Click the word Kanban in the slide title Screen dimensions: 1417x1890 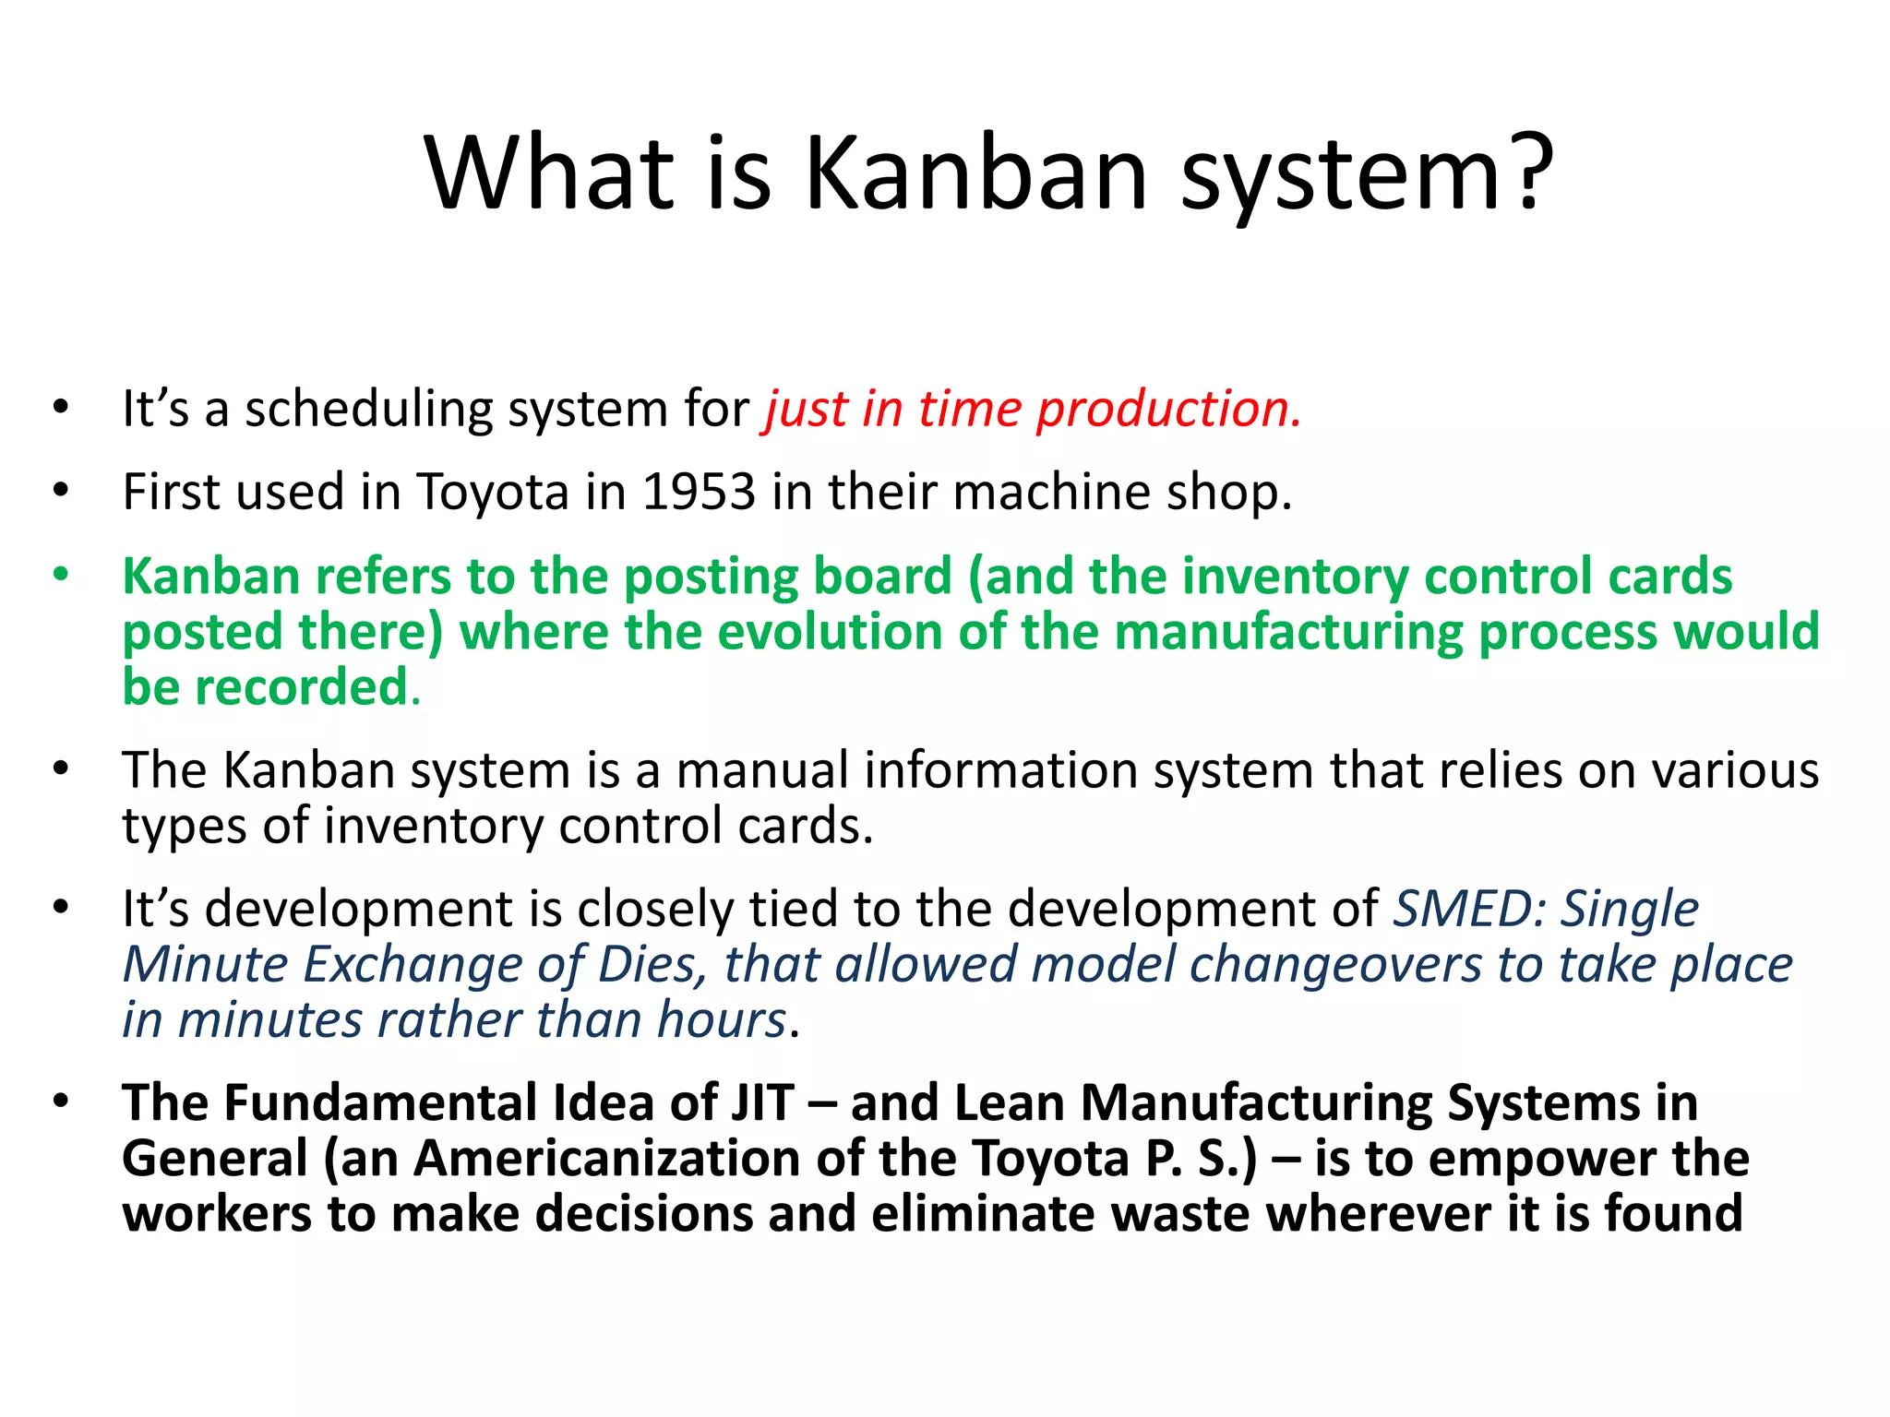(975, 173)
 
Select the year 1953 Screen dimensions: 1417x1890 (699, 492)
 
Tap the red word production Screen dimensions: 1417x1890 (1167, 409)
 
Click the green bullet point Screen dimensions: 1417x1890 (61, 575)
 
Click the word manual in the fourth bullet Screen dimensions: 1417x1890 (762, 770)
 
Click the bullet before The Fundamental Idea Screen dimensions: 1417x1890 (61, 1101)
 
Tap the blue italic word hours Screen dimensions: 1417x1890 (721, 1020)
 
